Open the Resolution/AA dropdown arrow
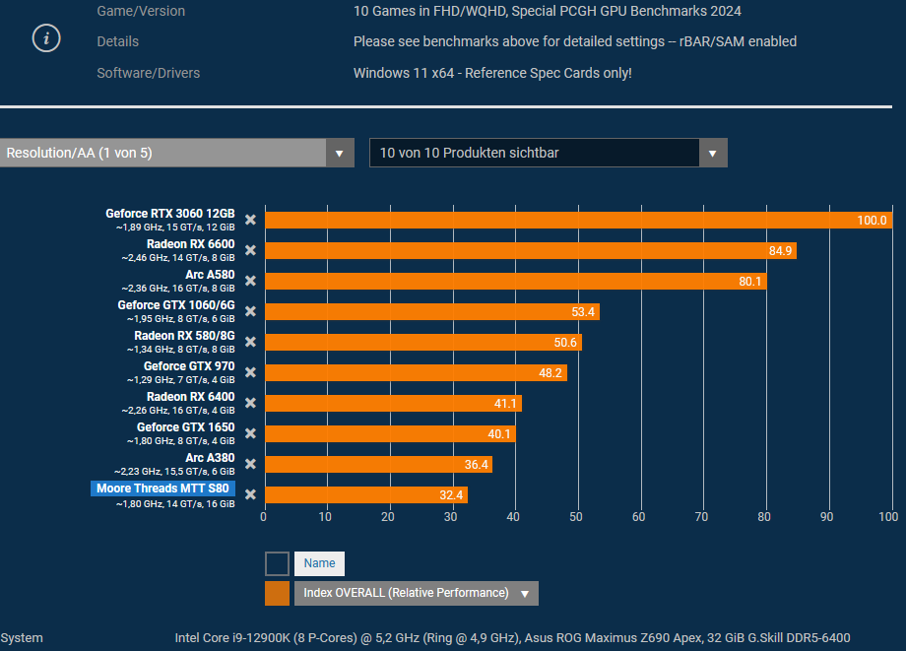pyautogui.click(x=340, y=153)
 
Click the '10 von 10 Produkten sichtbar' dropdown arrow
pyautogui.click(x=713, y=153)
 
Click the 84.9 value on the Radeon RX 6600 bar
pyautogui.click(x=780, y=251)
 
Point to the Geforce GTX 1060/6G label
pyautogui.click(x=176, y=305)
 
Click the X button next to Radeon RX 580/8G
pyautogui.click(x=250, y=342)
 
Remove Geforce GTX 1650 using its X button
pyautogui.click(x=250, y=433)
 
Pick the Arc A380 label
pyautogui.click(x=210, y=458)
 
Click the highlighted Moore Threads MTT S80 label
pyautogui.click(x=162, y=488)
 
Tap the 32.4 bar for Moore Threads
pyautogui.click(x=365, y=494)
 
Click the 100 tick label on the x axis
pyautogui.click(x=887, y=516)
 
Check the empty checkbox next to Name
pyautogui.click(x=277, y=563)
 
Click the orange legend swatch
pyautogui.click(x=277, y=593)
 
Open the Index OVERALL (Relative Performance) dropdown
pyautogui.click(x=525, y=593)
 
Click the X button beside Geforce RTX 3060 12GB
pyautogui.click(x=250, y=220)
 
